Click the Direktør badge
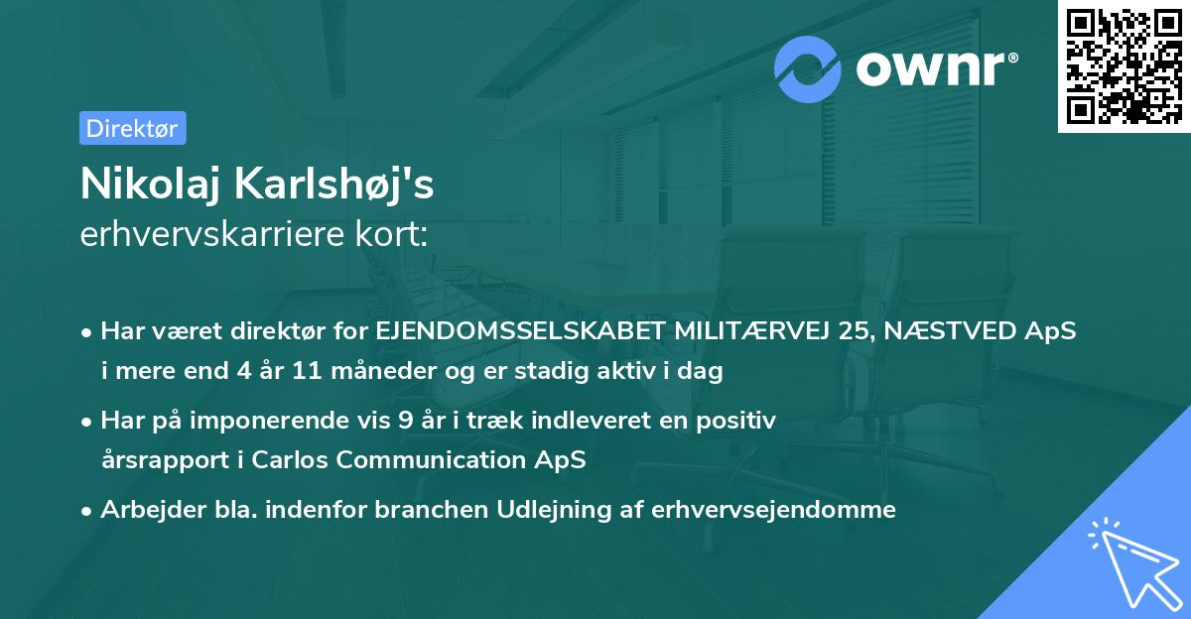(132, 128)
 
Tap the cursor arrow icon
(1133, 562)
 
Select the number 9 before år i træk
(404, 420)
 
